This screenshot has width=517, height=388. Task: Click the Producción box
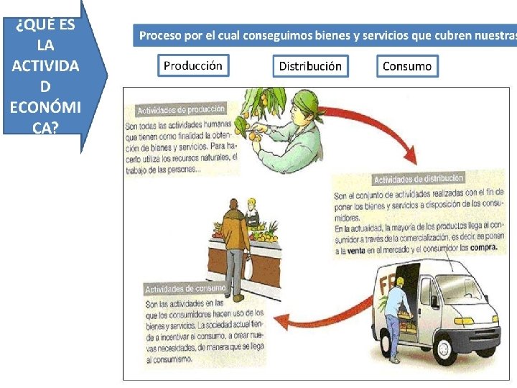tap(193, 65)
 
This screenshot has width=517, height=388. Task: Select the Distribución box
tap(310, 66)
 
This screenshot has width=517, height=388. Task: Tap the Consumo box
tap(407, 66)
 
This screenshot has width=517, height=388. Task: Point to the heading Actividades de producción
tap(181, 110)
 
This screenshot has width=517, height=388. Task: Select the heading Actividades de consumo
tap(185, 289)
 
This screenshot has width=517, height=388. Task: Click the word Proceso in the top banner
tap(159, 34)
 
